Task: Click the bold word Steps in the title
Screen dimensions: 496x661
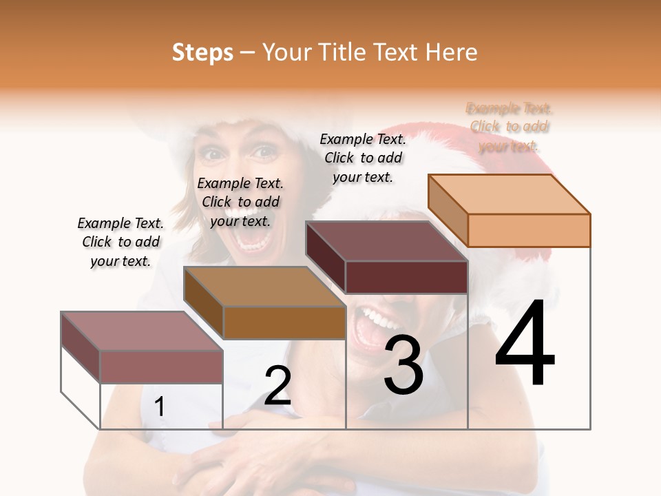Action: pos(202,52)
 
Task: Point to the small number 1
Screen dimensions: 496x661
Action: pos(159,407)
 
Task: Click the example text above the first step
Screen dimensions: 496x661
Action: pos(120,242)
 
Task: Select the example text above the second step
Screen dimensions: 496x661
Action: pos(240,202)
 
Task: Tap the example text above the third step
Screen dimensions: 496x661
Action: pos(363,158)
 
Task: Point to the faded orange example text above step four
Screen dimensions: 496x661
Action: pos(510,127)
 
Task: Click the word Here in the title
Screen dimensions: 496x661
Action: pos(452,52)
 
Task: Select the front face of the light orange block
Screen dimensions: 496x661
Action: pos(529,230)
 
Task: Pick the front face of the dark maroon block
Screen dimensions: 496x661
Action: pos(406,277)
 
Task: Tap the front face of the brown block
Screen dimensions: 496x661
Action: pos(284,322)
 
